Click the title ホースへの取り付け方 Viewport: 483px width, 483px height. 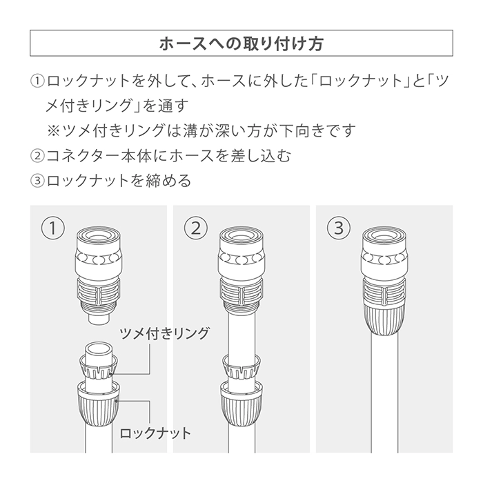(241, 43)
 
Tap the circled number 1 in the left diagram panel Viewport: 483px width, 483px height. (53, 228)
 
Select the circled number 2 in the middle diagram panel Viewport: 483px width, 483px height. (196, 228)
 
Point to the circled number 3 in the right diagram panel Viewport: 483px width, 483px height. (339, 228)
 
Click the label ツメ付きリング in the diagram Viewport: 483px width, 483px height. (164, 333)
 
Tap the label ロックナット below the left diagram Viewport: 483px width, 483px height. (155, 433)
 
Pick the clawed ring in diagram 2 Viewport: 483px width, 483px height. (241, 367)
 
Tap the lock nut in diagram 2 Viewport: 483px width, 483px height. (241, 404)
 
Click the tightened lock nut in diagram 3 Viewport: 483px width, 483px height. (384, 319)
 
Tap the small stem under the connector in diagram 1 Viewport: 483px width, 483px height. (99, 318)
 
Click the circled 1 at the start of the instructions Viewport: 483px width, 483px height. (37, 81)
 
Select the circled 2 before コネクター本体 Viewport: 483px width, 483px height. (37, 155)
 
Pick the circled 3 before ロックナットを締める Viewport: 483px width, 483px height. (37, 181)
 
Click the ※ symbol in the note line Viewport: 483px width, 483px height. (53, 130)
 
